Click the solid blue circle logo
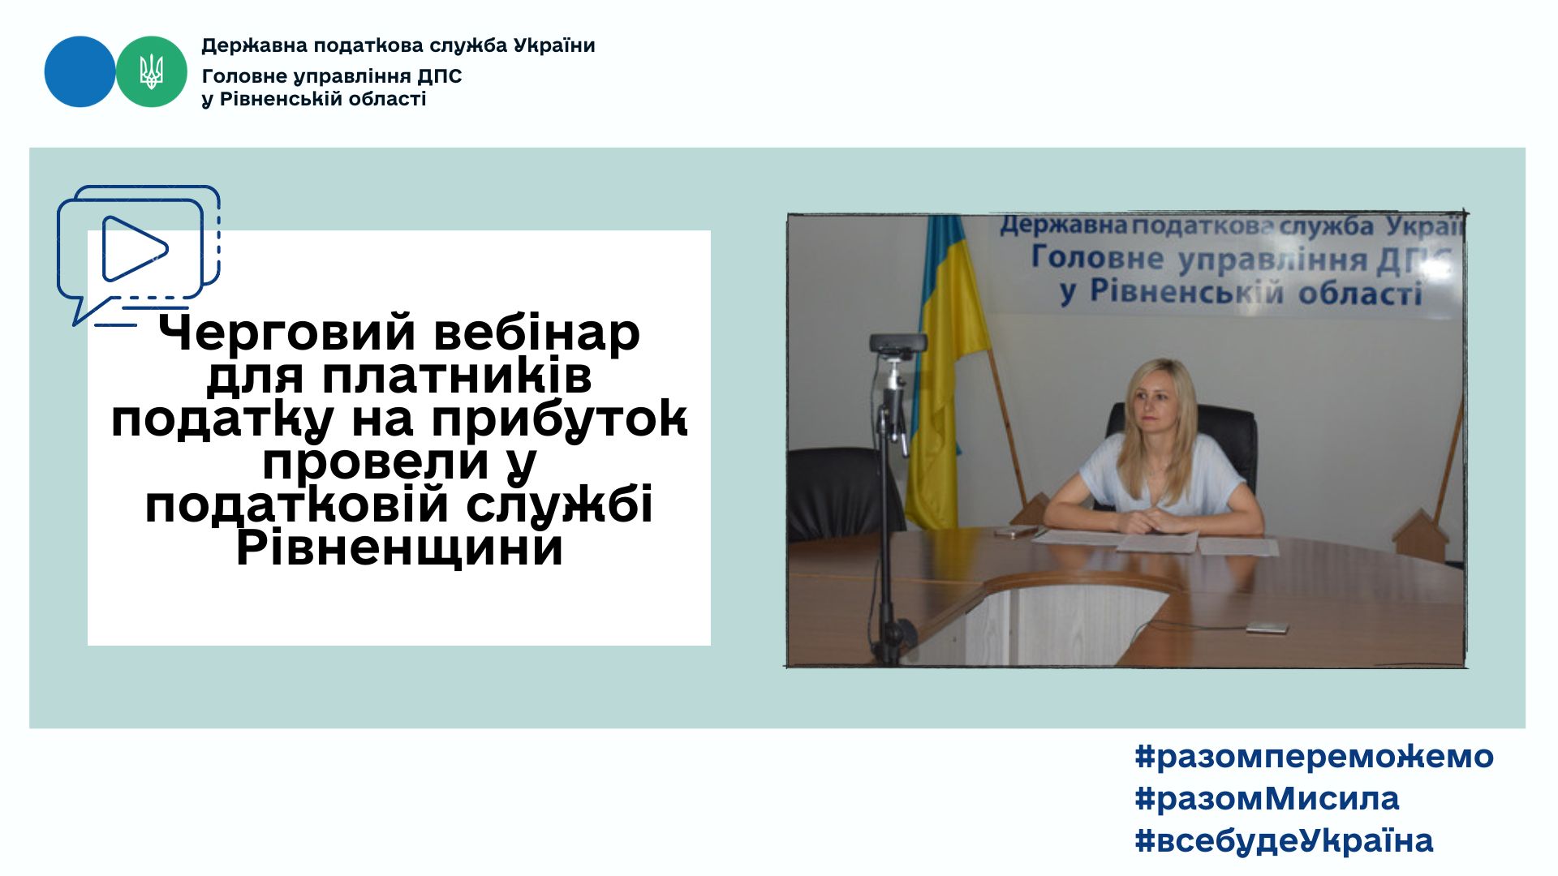(x=80, y=71)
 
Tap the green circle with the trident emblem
(x=152, y=71)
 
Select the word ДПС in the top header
(x=439, y=76)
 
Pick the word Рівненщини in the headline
(x=399, y=548)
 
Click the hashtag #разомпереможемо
(x=1314, y=757)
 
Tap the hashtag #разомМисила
(x=1267, y=799)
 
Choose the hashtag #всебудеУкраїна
(x=1284, y=841)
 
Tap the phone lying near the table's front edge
(x=1266, y=627)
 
